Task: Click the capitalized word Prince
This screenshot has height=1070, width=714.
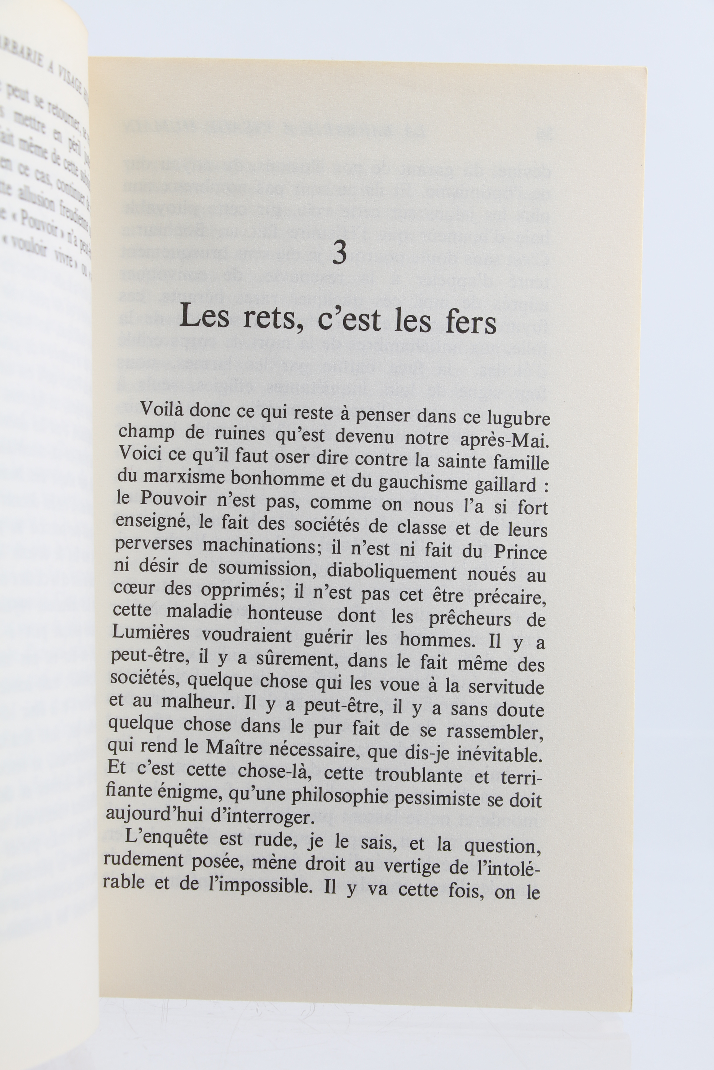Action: click(520, 552)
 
